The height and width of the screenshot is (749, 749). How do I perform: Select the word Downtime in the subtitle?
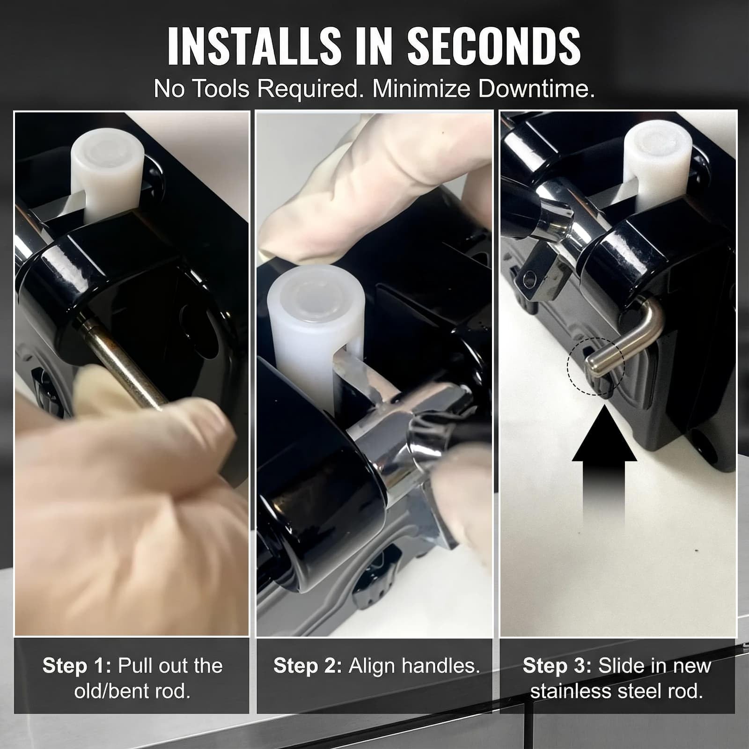click(536, 88)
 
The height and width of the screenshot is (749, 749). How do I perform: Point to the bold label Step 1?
click(77, 666)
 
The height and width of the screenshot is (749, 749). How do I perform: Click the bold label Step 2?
click(308, 666)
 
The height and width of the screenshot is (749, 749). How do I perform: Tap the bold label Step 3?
click(557, 666)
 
